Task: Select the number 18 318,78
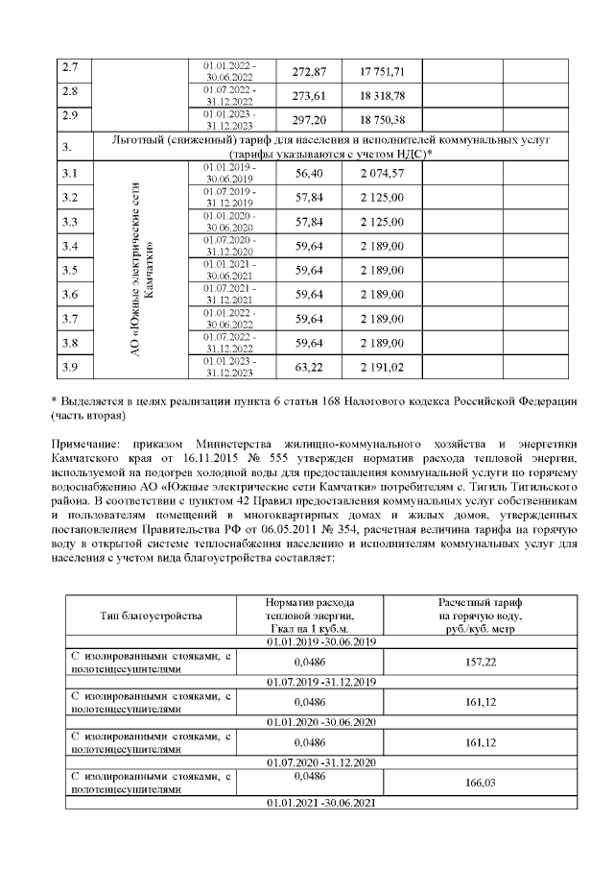point(382,96)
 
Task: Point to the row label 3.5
point(69,270)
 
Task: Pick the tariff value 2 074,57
point(382,174)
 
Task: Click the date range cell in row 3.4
point(230,246)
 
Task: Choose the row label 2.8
point(69,96)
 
